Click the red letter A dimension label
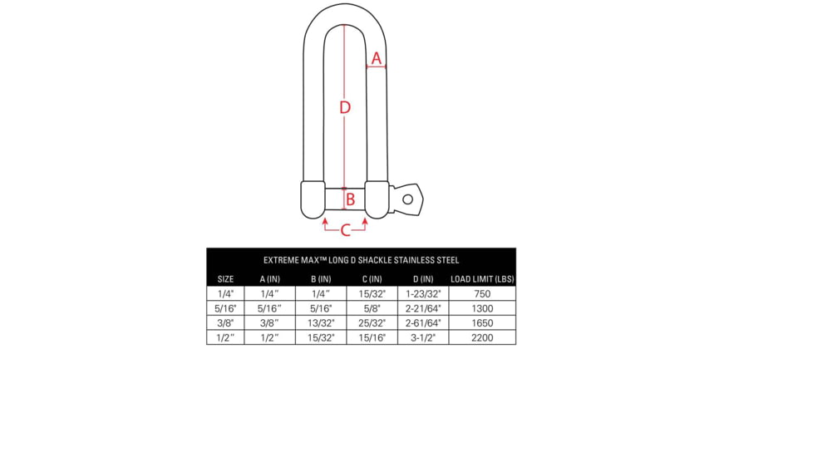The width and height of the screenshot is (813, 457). pos(377,59)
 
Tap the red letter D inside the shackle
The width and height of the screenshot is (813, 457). pos(344,107)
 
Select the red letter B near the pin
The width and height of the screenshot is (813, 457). pos(351,199)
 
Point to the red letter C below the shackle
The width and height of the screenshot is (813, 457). pos(345,230)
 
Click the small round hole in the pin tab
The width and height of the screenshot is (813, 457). pos(407,199)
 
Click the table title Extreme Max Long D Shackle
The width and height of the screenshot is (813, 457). pos(361,260)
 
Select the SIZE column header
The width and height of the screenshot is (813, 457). pos(225,279)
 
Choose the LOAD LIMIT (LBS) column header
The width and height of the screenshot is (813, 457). pos(482,279)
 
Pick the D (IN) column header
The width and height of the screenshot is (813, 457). pos(422,279)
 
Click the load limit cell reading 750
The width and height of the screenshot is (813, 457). pos(482,293)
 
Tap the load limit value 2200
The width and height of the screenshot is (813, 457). pos(482,338)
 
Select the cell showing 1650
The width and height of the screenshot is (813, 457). pos(482,323)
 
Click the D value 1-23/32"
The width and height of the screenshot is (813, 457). pos(422,293)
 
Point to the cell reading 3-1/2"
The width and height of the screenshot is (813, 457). pos(422,338)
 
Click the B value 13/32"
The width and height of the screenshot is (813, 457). pos(321,323)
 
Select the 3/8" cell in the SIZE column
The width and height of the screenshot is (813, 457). pos(225,323)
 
